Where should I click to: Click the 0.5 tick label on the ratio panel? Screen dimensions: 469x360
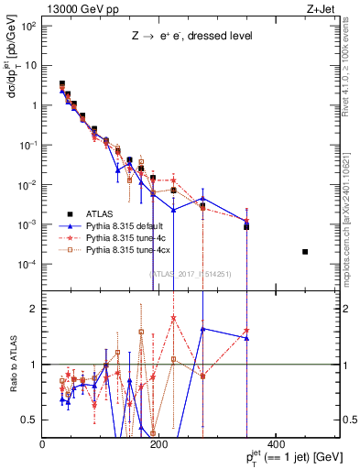pyautogui.click(x=30, y=420)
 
